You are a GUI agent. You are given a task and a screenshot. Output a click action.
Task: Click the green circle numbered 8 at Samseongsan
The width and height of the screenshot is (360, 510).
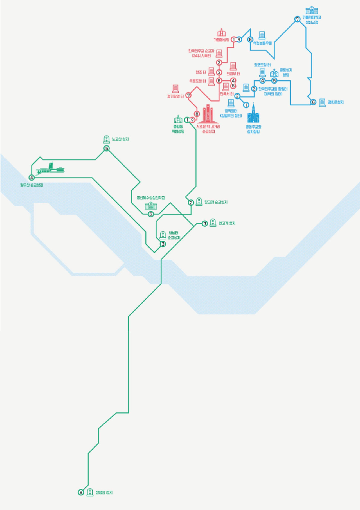tap(81, 492)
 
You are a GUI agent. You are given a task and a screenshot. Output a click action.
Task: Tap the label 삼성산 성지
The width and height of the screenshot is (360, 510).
tap(104, 492)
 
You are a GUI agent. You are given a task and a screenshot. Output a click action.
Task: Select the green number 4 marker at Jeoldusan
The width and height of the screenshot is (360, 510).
tap(31, 178)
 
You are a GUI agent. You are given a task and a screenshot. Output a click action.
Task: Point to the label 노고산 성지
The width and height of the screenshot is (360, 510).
tap(120, 139)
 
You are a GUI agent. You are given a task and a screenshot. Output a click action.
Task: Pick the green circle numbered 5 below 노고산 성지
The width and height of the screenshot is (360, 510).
tap(106, 148)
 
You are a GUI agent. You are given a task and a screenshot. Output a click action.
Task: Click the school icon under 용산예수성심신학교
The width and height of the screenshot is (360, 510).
tap(151, 206)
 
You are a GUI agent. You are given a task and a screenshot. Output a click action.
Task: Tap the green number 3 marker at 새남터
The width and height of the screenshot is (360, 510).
tap(163, 244)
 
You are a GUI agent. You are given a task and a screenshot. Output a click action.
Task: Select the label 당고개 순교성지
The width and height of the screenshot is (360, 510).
tap(216, 202)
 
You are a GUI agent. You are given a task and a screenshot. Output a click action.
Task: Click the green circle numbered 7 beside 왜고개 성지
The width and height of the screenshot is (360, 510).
tap(205, 223)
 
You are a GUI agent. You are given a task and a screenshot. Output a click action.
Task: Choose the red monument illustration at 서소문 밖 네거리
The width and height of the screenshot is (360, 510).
tap(208, 114)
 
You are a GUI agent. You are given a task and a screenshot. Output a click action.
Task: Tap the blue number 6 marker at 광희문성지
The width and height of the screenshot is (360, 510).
tap(313, 102)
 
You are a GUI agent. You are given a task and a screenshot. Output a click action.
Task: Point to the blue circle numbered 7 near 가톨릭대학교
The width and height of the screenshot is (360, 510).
tap(297, 19)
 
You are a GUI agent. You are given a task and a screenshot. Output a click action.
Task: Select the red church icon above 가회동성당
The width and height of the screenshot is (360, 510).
tap(222, 33)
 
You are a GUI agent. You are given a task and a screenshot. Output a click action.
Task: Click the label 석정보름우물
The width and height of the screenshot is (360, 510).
tap(262, 43)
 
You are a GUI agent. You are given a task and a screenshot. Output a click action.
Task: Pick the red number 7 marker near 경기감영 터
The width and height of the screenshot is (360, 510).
tap(188, 95)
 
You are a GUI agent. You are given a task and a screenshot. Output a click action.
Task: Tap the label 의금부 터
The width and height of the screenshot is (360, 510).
tap(233, 74)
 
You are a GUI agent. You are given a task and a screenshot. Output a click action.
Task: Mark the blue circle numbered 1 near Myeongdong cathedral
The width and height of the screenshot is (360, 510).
tap(246, 105)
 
